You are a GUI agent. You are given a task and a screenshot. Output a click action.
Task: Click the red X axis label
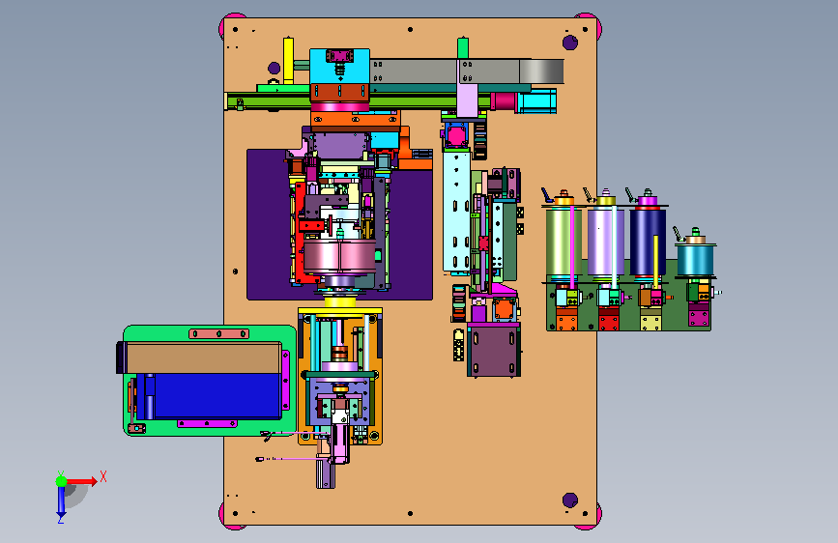(x=103, y=476)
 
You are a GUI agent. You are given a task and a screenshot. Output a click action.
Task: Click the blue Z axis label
(x=60, y=519)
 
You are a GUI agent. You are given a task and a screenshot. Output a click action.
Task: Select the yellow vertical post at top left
(x=288, y=61)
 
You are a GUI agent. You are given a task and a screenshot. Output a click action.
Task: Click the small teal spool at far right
(x=695, y=260)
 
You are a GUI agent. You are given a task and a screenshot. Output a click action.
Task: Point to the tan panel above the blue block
(x=203, y=358)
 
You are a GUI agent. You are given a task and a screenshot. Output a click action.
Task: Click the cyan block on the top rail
(x=340, y=67)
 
